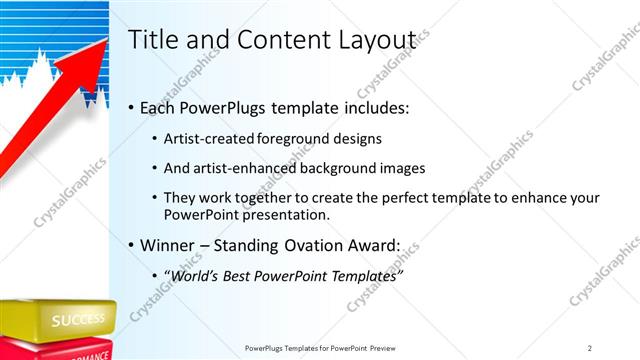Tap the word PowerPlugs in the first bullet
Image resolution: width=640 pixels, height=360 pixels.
click(x=221, y=107)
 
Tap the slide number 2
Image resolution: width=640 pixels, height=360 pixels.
click(x=590, y=348)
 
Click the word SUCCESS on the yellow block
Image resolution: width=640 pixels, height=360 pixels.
click(x=78, y=321)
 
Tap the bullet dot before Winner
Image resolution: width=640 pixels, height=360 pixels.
click(x=132, y=246)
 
